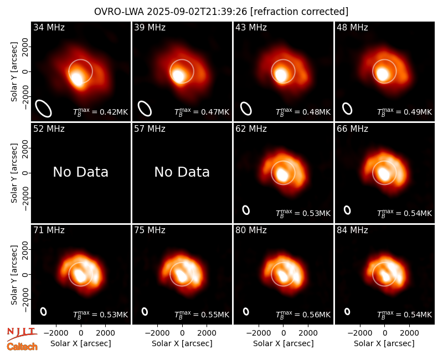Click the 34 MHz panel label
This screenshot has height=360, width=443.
point(49,27)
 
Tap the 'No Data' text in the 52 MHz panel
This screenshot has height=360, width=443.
point(80,172)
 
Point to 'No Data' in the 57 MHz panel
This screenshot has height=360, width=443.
point(182,172)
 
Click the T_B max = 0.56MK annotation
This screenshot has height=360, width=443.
point(303,314)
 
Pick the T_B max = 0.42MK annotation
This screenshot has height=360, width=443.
point(101,112)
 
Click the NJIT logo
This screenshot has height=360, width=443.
point(22,333)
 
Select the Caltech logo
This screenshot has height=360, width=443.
point(22,347)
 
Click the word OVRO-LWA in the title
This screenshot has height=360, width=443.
point(119,12)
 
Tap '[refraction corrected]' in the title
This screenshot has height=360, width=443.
point(299,12)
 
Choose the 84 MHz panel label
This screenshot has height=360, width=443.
point(352,230)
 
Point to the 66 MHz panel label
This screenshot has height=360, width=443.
point(352,129)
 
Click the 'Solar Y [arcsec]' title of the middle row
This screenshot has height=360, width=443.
point(14,173)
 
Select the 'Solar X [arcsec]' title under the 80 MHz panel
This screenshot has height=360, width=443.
point(284,343)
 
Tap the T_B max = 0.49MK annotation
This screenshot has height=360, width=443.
point(405,112)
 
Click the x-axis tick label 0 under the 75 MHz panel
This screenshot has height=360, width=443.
point(182,333)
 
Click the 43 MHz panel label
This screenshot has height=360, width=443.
point(251,27)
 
